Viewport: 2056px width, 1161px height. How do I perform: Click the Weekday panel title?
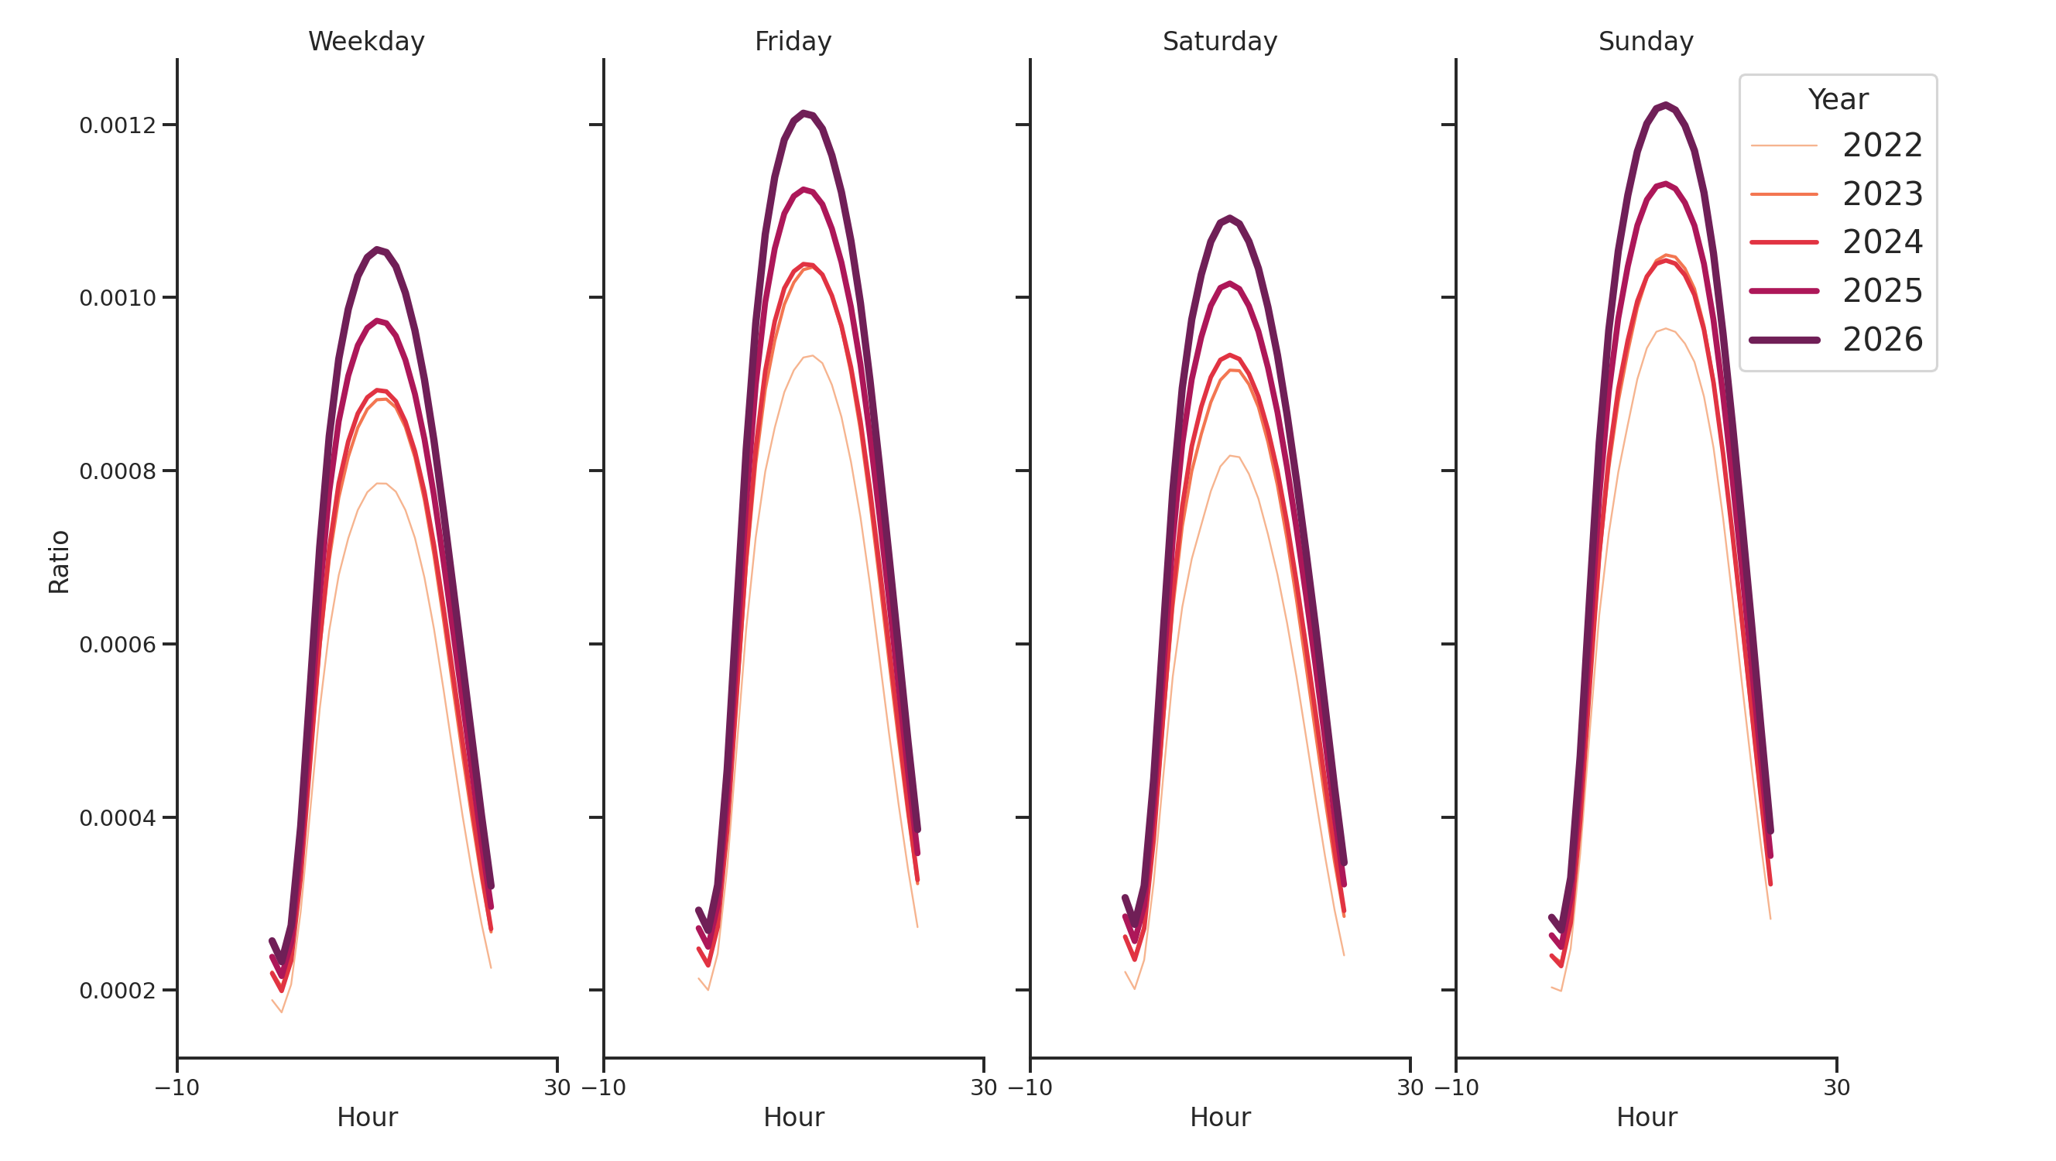366,42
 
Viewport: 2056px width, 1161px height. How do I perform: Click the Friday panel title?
793,42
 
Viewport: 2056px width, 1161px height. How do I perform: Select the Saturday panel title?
1218,42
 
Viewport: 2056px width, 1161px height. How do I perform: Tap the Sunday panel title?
1645,42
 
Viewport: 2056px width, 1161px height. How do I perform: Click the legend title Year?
1837,100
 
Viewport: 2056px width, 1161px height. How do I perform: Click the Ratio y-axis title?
59,562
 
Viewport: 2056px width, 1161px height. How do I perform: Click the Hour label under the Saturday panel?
1219,1117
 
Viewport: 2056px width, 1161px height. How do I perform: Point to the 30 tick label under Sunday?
1836,1088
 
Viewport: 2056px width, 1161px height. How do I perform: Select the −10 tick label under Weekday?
177,1088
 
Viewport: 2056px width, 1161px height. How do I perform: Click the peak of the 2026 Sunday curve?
1665,105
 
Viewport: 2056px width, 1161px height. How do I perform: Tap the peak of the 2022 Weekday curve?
382,484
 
